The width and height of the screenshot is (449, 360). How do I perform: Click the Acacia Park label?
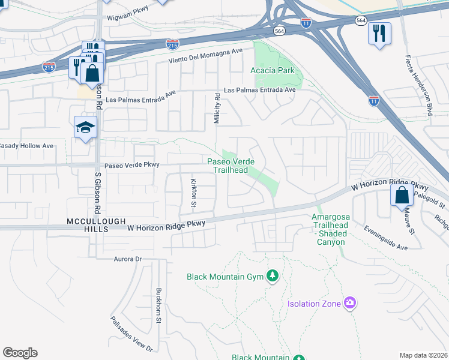[x=272, y=70]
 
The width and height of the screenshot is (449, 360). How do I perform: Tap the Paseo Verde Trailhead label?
[x=231, y=166]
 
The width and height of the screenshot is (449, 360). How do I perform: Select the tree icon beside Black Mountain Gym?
[x=273, y=275]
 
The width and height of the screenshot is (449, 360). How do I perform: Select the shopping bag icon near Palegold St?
[x=401, y=195]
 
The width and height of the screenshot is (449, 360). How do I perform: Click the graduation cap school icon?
[x=86, y=127]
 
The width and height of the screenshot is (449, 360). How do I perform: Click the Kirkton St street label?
[x=193, y=192]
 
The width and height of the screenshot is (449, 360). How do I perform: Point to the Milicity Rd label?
[x=217, y=109]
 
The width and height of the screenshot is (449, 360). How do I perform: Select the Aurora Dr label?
[x=127, y=259]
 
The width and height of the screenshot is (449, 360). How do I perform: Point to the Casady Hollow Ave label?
[x=27, y=146]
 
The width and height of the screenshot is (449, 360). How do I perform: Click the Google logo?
[x=20, y=353]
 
